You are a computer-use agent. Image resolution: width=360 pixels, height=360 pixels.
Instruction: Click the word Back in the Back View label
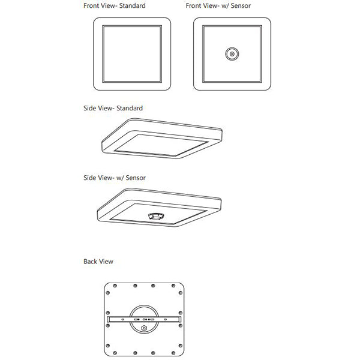pyautogui.click(x=91, y=262)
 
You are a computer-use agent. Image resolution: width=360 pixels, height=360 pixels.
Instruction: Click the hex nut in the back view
pyautogui.click(x=144, y=329)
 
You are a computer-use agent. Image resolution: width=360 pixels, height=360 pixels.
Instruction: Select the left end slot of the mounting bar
pyautogui.click(x=110, y=320)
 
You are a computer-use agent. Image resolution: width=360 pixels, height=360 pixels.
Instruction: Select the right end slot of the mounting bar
pyautogui.click(x=178, y=320)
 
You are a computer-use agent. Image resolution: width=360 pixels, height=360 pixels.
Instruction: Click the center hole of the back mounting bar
pyautogui.click(x=144, y=320)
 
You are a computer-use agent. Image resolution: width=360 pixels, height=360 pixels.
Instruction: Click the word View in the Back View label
pyautogui.click(x=106, y=262)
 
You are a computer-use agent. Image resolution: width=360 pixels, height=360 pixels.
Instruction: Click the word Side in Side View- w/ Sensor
pyautogui.click(x=90, y=178)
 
